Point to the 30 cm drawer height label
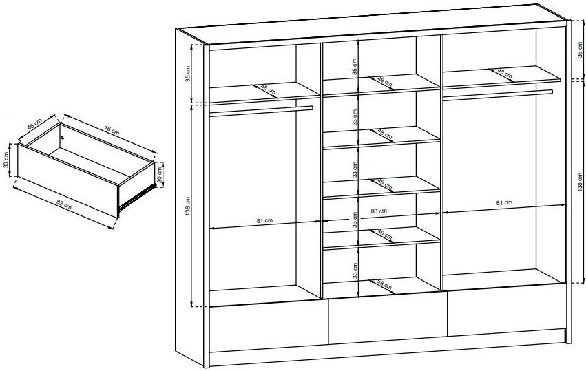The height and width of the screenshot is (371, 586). coord(6,160)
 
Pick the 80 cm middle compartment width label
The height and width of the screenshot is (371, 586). coord(379,211)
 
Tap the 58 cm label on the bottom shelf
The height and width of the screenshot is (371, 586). coord(384,285)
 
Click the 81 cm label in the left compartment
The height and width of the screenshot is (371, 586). coord(264,220)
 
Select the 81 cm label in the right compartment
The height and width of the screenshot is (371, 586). coord(504,203)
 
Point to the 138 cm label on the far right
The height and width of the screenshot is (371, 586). coord(580,182)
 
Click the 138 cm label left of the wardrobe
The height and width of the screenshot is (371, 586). coord(188,206)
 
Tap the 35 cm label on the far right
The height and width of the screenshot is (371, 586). coord(580,50)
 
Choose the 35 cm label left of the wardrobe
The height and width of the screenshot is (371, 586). coord(188,74)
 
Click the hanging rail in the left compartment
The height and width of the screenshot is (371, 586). coord(261,111)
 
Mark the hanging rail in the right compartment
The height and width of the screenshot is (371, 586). coord(498,95)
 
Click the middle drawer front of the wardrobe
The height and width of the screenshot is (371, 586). coord(388,321)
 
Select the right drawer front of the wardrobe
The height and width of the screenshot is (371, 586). coord(506,309)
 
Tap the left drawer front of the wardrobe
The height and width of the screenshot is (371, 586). coord(269,329)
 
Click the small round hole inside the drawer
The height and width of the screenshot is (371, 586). coord(63,138)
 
